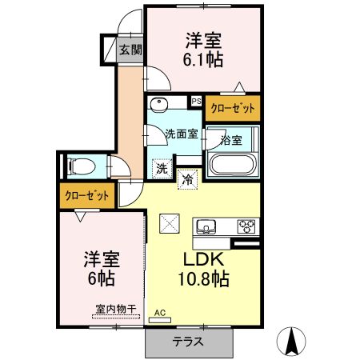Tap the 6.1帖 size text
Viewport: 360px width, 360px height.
(x=205, y=59)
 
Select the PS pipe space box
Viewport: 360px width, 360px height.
(x=195, y=102)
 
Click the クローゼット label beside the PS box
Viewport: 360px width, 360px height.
(x=232, y=108)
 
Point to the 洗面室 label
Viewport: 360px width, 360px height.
(x=182, y=134)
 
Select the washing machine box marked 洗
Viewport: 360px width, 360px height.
(x=162, y=168)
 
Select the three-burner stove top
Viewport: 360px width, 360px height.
(x=246, y=226)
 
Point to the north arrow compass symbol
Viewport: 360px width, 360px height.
(x=292, y=342)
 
